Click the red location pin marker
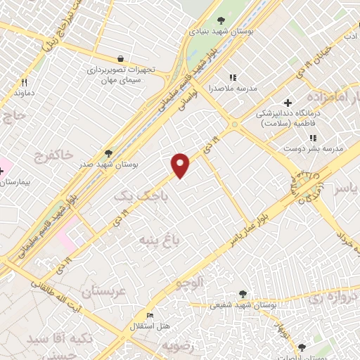tap(181, 165)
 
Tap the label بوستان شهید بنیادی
tap(221, 32)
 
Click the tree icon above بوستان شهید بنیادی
tap(221, 20)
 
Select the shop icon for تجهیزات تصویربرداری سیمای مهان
tap(122, 58)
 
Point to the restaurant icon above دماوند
tap(24, 82)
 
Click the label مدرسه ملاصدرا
tap(235, 89)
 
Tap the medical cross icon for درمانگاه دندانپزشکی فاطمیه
tap(288, 103)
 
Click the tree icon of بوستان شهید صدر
tap(107, 152)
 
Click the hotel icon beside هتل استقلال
tap(149, 315)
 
